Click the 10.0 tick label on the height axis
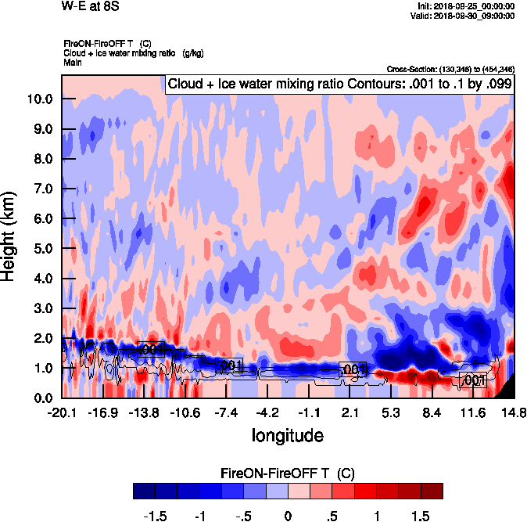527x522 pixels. [x=39, y=99]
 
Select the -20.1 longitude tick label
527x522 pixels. [x=62, y=412]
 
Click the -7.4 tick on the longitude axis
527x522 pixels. [x=226, y=412]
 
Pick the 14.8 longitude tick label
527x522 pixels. [x=513, y=412]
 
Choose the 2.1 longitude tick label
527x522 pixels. [x=350, y=412]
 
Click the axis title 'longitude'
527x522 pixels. [x=287, y=434]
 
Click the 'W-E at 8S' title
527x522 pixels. [x=90, y=6]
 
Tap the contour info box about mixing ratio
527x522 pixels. [x=339, y=85]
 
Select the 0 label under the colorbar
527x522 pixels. [x=288, y=517]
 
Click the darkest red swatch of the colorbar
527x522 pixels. [x=431, y=491]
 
